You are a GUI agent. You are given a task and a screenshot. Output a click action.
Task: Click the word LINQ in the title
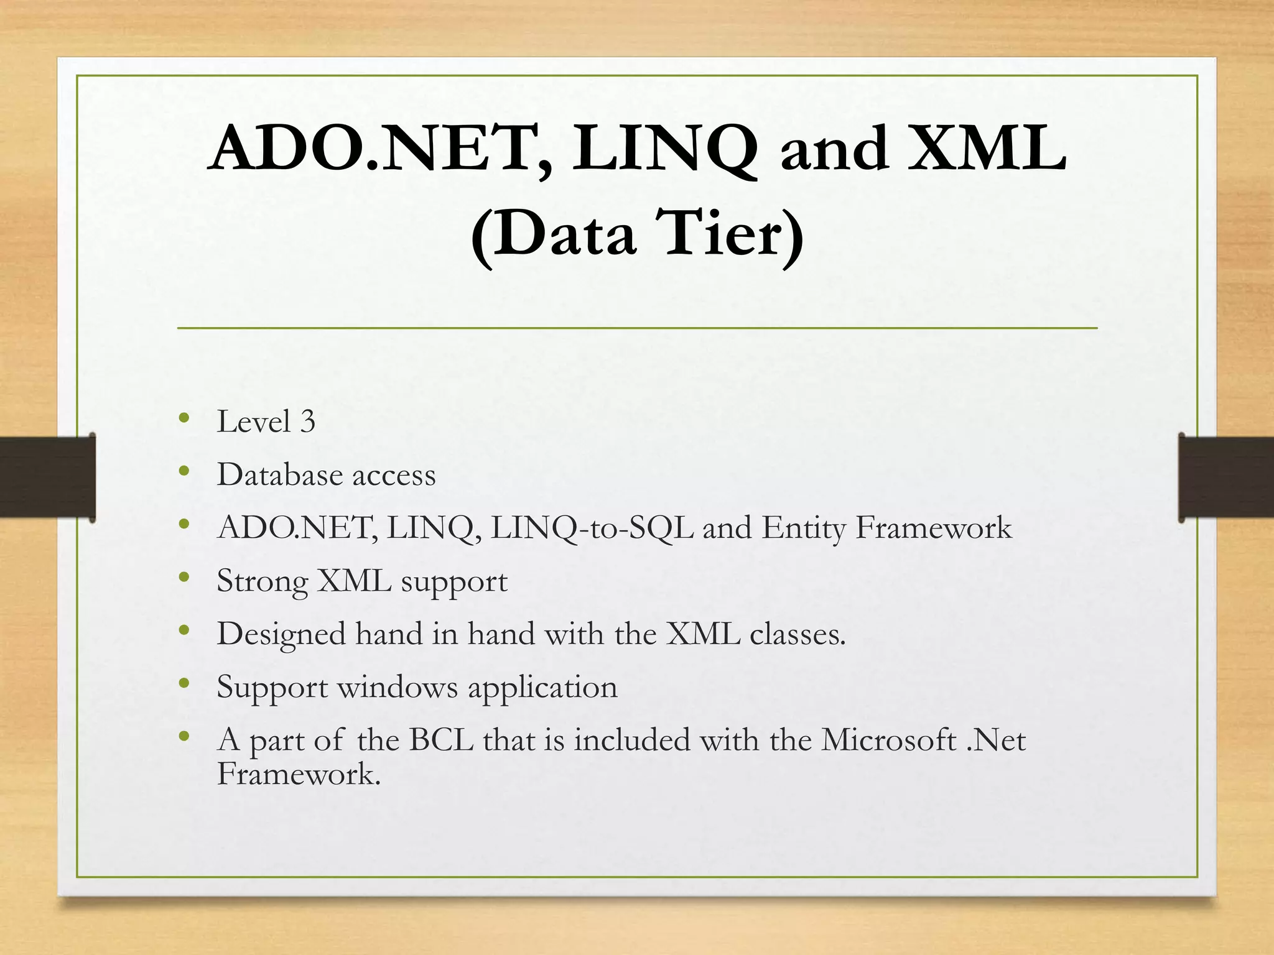(664, 149)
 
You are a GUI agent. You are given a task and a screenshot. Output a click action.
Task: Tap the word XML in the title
(987, 149)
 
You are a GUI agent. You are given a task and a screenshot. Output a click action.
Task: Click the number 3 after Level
(308, 422)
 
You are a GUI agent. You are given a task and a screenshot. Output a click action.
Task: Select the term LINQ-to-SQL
(592, 528)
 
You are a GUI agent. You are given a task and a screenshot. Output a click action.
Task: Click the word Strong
(262, 582)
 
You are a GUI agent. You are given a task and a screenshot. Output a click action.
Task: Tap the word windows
(398, 688)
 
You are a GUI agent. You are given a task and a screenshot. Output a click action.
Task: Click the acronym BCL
(441, 740)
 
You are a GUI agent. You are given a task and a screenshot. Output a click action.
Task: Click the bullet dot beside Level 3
(184, 418)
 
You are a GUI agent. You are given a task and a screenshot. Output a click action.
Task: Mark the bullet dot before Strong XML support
(184, 578)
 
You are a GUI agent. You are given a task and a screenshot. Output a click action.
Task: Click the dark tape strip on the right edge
(1225, 477)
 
